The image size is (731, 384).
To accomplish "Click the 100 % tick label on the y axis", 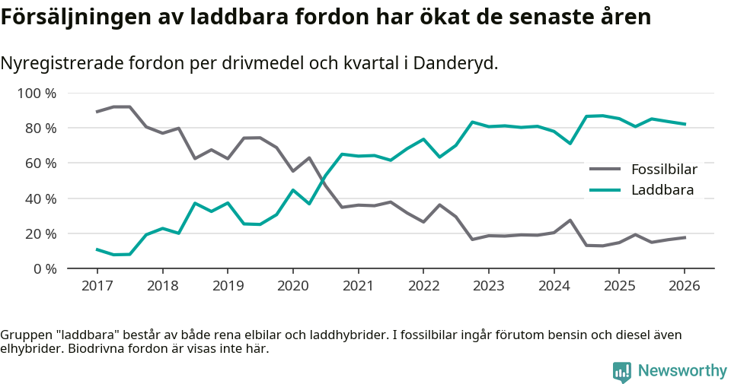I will pyautogui.click(x=37, y=94).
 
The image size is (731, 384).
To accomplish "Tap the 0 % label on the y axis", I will pyautogui.click(x=45, y=268).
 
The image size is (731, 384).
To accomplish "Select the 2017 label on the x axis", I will pyautogui.click(x=97, y=286).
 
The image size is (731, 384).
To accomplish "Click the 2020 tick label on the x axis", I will pyautogui.click(x=292, y=286).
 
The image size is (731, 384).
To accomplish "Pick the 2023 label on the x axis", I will pyautogui.click(x=488, y=286).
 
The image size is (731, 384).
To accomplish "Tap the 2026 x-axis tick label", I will pyautogui.click(x=684, y=286).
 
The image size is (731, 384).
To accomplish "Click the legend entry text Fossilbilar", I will pyautogui.click(x=664, y=169).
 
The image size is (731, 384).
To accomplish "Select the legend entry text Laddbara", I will pyautogui.click(x=662, y=190).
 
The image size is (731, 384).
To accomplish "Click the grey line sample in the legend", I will pyautogui.click(x=606, y=169).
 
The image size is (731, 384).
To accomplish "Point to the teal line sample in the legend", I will pyautogui.click(x=606, y=190).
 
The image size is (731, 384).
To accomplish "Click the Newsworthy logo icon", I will pyautogui.click(x=621, y=371).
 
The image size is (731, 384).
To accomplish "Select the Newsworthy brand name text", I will pyautogui.click(x=682, y=371).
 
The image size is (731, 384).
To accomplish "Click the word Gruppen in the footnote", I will pyautogui.click(x=23, y=335).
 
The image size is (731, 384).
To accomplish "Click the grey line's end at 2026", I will pyautogui.click(x=684, y=237).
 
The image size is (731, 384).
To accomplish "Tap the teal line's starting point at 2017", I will pyautogui.click(x=97, y=249).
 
